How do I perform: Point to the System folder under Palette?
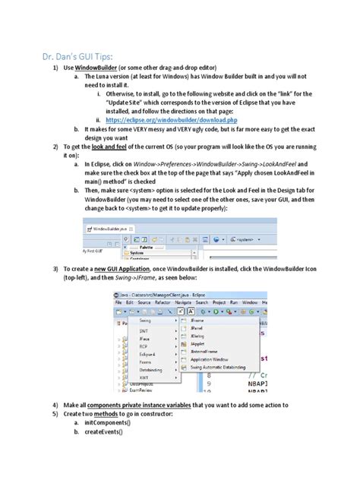click(137, 252)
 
